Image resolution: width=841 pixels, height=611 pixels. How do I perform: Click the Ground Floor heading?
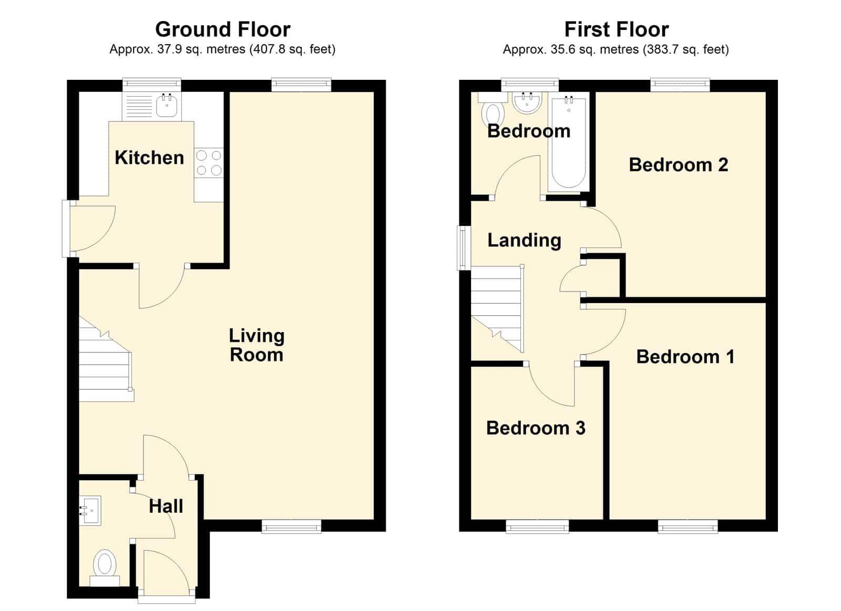pyautogui.click(x=223, y=29)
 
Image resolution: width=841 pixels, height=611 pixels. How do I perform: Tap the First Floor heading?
pyautogui.click(x=617, y=29)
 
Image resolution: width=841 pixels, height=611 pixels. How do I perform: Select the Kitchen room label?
pyautogui.click(x=149, y=157)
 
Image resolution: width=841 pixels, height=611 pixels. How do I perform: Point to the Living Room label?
pyautogui.click(x=257, y=345)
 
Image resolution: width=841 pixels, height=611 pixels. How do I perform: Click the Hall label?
pyautogui.click(x=166, y=506)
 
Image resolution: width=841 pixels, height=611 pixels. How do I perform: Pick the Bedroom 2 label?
pyautogui.click(x=679, y=165)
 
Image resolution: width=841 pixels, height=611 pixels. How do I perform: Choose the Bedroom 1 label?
pyautogui.click(x=685, y=357)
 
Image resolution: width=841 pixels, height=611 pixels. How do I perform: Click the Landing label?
pyautogui.click(x=524, y=240)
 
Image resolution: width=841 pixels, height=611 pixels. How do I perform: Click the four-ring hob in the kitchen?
pyautogui.click(x=209, y=162)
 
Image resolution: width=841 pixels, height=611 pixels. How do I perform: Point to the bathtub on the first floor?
pyautogui.click(x=568, y=144)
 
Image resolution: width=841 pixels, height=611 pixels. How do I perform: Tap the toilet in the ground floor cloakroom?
pyautogui.click(x=105, y=567)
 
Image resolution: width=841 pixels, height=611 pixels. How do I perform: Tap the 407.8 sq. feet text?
pyautogui.click(x=292, y=49)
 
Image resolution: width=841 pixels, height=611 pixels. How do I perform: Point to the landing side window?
pyautogui.click(x=464, y=247)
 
